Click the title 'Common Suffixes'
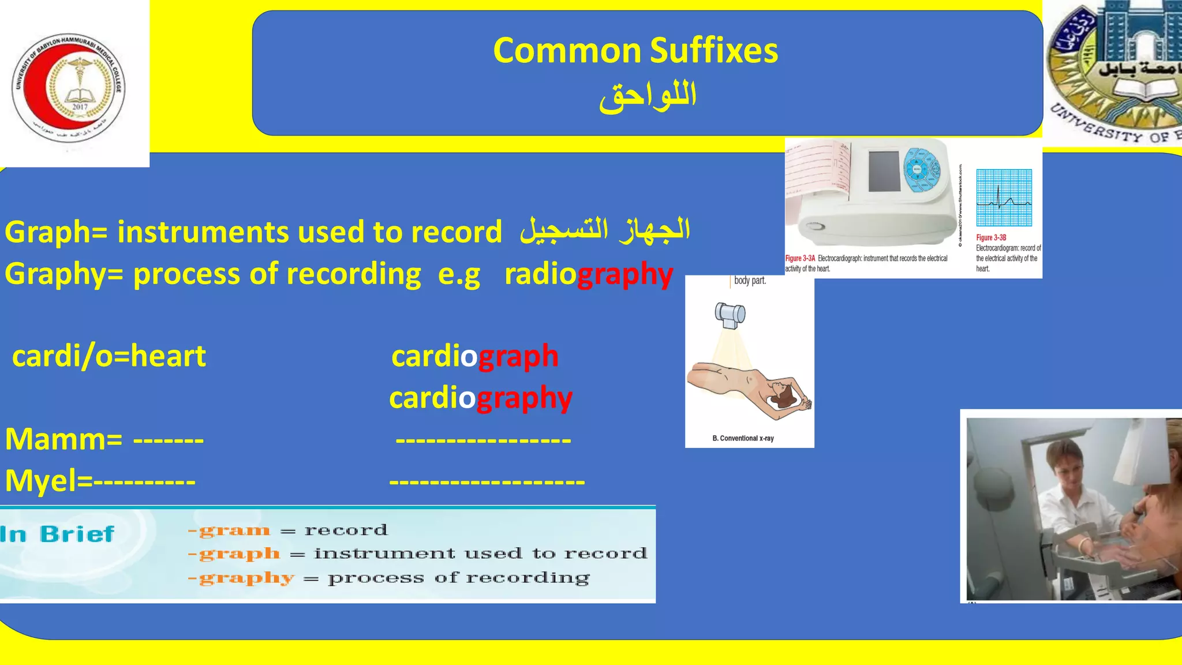pyautogui.click(x=635, y=51)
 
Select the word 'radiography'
pyautogui.click(x=588, y=274)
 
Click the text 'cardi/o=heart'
pyautogui.click(x=109, y=356)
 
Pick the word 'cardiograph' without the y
pyautogui.click(x=474, y=356)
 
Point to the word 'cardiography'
pyautogui.click(x=480, y=398)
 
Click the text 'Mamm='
pyautogui.click(x=63, y=439)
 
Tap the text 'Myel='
pyautogui.click(x=48, y=481)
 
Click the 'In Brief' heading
pyautogui.click(x=57, y=534)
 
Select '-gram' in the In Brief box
pyautogui.click(x=230, y=530)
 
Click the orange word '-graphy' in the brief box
pyautogui.click(x=242, y=578)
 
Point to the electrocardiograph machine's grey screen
pyautogui.click(x=884, y=171)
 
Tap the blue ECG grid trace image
pyautogui.click(x=1004, y=198)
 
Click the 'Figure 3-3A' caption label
pyautogui.click(x=800, y=259)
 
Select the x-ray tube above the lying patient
pyautogui.click(x=730, y=315)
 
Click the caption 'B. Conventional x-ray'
pyautogui.click(x=743, y=438)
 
